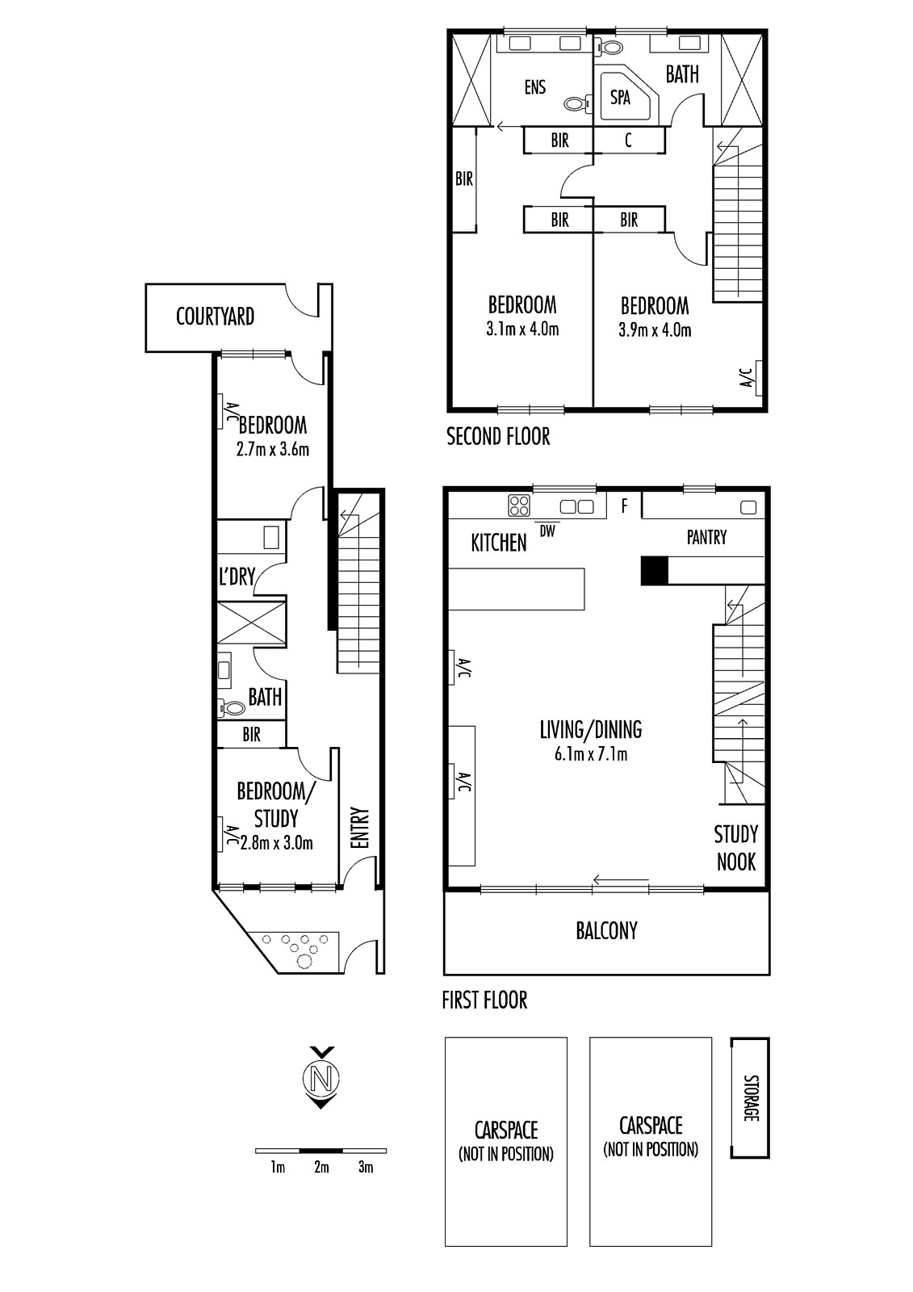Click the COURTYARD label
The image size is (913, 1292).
tap(215, 317)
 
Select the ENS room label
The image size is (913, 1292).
tap(535, 88)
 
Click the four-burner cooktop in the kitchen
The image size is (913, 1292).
tap(518, 505)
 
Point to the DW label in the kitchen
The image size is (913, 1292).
tap(547, 531)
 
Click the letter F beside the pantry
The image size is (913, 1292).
tap(624, 506)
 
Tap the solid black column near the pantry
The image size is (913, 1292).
tap(655, 570)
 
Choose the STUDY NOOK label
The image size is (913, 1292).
tap(736, 848)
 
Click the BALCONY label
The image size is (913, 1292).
tap(607, 931)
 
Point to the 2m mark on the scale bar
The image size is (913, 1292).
tap(321, 1168)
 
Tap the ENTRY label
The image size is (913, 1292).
tap(359, 828)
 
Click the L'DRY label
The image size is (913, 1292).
tap(237, 576)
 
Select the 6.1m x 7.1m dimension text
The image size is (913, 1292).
tap(591, 754)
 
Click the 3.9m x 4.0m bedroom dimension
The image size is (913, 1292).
tap(655, 330)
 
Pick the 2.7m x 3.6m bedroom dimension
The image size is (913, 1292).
tap(273, 449)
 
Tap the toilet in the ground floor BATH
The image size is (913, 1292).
tap(231, 707)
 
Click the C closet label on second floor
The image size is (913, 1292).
tap(628, 140)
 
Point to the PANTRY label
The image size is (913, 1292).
tap(706, 538)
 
